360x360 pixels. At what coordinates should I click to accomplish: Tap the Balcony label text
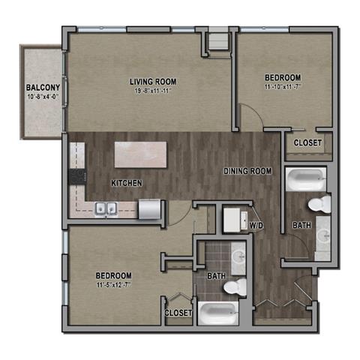[37, 87]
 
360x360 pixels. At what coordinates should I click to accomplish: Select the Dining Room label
[247, 171]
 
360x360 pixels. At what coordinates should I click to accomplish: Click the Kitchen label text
[127, 183]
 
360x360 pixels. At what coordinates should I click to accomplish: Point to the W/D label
[256, 223]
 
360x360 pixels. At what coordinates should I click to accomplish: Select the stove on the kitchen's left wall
[76, 176]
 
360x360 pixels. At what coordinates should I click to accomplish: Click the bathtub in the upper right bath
[304, 179]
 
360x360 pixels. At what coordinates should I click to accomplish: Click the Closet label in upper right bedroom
[307, 142]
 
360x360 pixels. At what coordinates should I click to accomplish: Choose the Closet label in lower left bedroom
[178, 312]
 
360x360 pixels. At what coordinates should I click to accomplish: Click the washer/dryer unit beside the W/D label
[234, 220]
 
